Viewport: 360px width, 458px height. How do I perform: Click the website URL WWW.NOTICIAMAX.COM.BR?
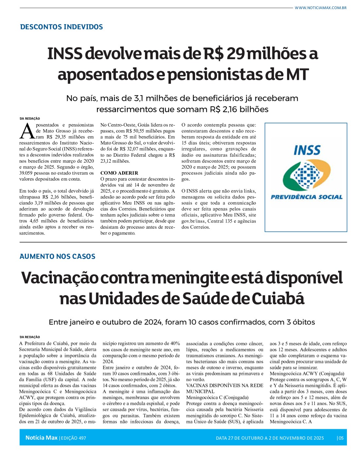(320, 8)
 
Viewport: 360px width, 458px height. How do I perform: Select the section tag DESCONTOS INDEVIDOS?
(62, 27)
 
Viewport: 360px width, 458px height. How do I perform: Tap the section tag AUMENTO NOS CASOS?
(58, 256)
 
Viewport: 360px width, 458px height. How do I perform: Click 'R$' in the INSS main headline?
(213, 54)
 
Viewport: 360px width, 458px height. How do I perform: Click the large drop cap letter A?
(27, 131)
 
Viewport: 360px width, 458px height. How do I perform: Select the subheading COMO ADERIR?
(119, 173)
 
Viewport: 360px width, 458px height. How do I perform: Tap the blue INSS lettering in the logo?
(307, 150)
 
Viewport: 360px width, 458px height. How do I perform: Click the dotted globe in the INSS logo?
(306, 176)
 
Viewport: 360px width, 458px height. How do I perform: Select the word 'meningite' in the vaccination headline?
(190, 278)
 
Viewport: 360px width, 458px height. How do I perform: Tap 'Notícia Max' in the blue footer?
(42, 438)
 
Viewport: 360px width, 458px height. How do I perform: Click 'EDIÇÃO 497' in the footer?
(73, 438)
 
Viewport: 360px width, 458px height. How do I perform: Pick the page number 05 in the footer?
(341, 438)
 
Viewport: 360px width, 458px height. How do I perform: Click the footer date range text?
(270, 438)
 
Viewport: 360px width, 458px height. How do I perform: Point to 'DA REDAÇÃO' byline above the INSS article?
(30, 119)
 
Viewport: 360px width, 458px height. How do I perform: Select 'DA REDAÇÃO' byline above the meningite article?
(30, 337)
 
